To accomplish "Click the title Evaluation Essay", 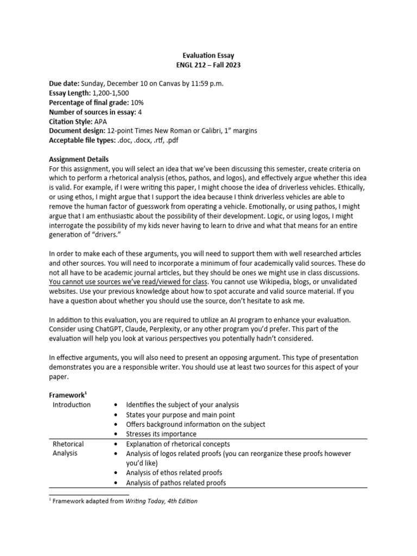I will [x=208, y=55].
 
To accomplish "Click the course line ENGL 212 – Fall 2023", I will [x=208, y=65].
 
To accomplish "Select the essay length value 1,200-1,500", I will [x=111, y=93].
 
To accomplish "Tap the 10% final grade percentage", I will [x=137, y=103].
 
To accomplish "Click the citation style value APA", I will [x=101, y=122].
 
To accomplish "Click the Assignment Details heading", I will [x=79, y=160].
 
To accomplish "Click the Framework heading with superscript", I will [x=68, y=395].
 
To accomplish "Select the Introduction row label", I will [x=72, y=405].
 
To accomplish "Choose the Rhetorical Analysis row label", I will [x=68, y=448].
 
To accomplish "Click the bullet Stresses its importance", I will [x=161, y=434].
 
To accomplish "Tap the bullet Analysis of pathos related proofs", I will [x=176, y=482].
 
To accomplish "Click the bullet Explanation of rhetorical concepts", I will [x=178, y=444].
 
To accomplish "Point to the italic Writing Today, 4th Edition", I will [x=161, y=501].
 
